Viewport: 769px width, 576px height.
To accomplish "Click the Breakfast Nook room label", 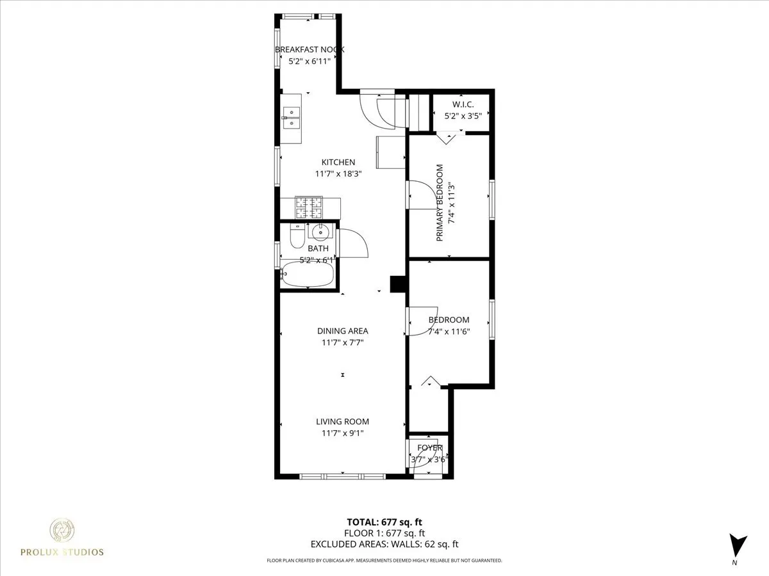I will pos(310,49).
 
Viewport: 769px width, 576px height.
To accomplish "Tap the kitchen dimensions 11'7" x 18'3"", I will pos(338,173).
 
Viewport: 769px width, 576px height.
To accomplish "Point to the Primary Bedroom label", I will pos(440,203).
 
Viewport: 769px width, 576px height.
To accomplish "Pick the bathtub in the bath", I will pos(308,276).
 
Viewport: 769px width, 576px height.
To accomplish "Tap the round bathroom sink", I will pos(320,232).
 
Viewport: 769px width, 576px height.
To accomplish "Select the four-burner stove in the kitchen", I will pos(308,206).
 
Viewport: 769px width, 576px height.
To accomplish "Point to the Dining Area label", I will pos(343,331).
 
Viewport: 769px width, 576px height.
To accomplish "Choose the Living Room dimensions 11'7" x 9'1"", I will pos(342,433).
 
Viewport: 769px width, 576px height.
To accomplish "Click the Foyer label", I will pos(429,447).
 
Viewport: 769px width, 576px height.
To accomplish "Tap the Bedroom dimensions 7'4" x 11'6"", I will pos(449,332).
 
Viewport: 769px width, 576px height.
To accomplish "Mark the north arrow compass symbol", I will pos(738,546).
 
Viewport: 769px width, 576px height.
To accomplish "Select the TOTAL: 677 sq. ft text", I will pos(384,522).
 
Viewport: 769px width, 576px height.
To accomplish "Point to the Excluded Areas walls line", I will pos(384,545).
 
